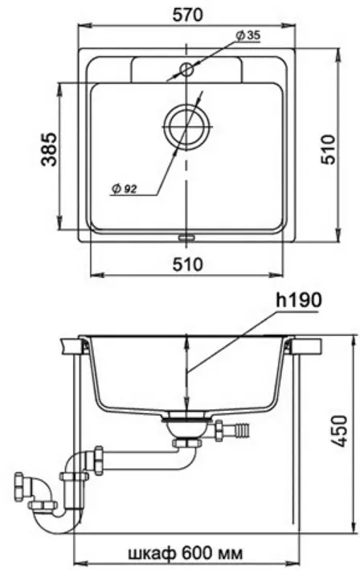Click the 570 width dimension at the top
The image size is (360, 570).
click(187, 14)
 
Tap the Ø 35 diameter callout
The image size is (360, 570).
click(248, 35)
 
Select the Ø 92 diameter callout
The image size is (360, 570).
click(125, 189)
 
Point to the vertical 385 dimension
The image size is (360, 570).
click(49, 150)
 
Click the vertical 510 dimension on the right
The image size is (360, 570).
click(329, 150)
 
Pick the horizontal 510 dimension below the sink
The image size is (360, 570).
click(187, 264)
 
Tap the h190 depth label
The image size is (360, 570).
click(299, 300)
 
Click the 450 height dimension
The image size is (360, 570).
click(341, 432)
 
